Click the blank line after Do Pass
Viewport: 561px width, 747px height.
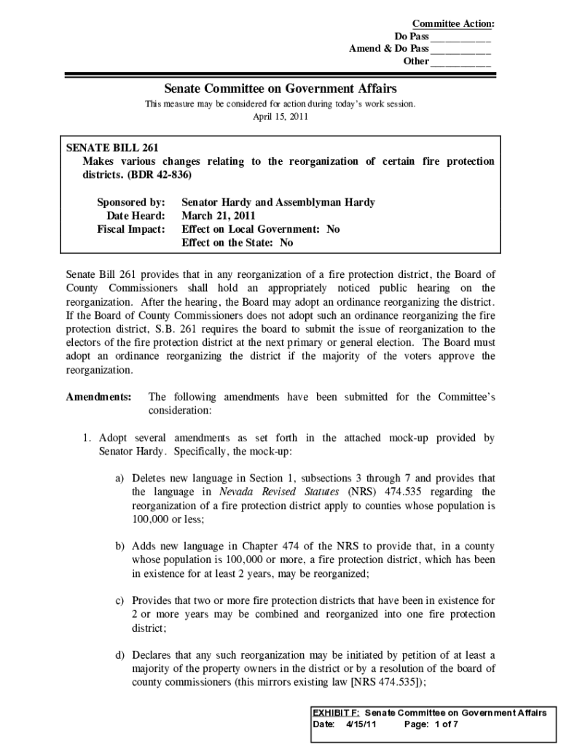click(460, 37)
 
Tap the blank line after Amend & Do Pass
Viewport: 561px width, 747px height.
click(460, 50)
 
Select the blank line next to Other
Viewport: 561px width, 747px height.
click(460, 62)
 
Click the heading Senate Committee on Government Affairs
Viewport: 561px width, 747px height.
click(280, 88)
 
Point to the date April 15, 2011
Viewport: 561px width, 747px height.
click(280, 117)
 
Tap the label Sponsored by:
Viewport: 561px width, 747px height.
click(131, 202)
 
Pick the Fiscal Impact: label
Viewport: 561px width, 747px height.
click(131, 229)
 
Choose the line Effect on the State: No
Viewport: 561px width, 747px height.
click(237, 243)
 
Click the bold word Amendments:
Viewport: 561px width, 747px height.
click(98, 397)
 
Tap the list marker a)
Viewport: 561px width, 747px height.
click(118, 479)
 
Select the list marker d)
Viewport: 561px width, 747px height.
click(118, 655)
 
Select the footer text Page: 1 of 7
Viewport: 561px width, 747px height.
click(431, 724)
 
